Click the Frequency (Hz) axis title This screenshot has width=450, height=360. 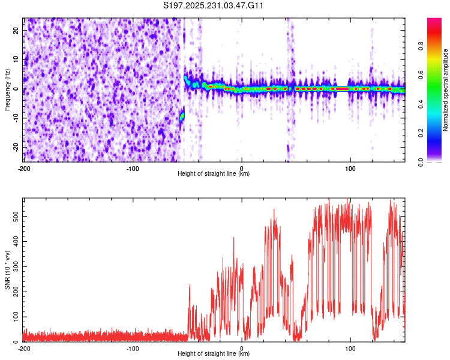(x=7, y=90)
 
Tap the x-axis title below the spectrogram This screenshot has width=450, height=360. (x=214, y=174)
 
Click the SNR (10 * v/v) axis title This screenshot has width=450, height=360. (x=7, y=270)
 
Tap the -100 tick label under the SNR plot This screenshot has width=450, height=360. (x=133, y=349)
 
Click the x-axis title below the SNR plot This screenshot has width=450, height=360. (x=214, y=354)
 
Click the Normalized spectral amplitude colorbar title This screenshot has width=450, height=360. (x=446, y=90)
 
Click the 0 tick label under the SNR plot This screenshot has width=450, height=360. (x=242, y=349)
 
